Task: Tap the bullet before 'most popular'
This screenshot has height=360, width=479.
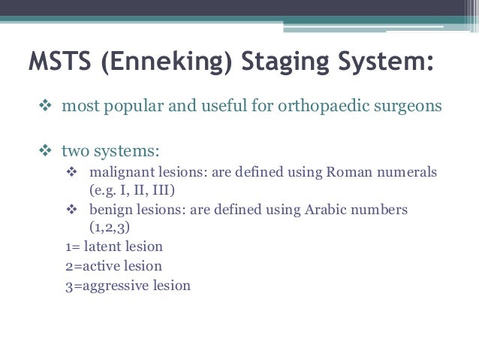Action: pos(43,106)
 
